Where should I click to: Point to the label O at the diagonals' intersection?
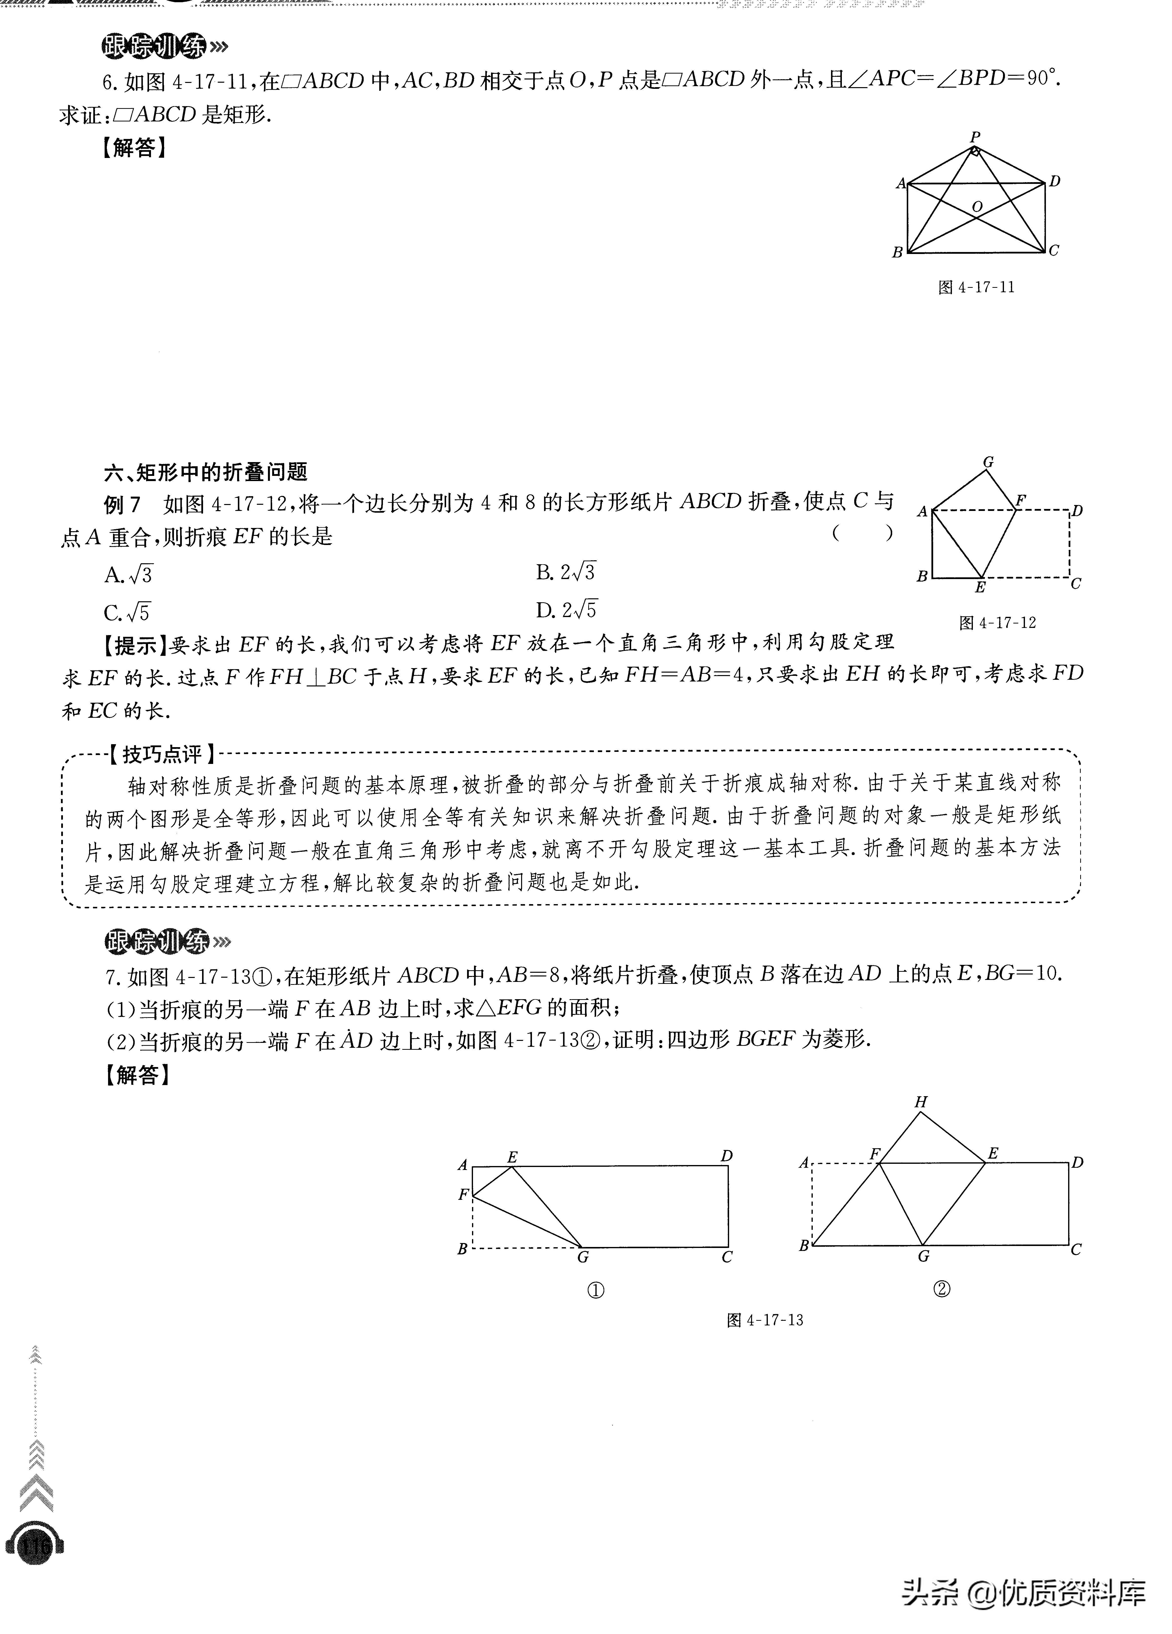977,207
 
